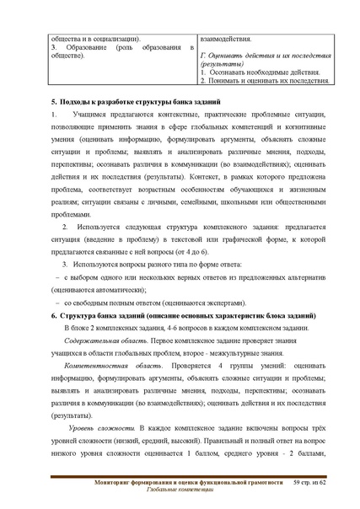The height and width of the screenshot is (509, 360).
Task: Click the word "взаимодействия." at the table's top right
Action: [x=224, y=38]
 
